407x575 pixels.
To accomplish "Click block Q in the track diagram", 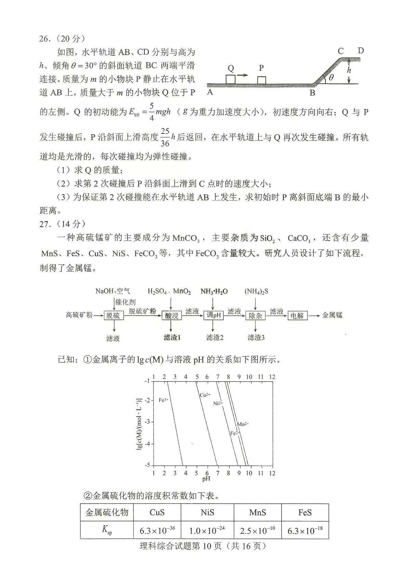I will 231,79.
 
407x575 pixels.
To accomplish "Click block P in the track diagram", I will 262,80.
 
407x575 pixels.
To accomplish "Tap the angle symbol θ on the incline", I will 331,78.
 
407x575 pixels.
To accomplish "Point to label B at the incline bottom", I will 312,93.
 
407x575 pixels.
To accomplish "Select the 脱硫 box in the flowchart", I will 113,315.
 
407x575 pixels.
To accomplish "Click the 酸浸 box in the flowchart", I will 172,315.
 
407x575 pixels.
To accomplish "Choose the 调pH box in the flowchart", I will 214,315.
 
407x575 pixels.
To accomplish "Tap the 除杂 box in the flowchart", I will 255,315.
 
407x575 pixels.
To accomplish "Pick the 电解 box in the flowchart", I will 297,315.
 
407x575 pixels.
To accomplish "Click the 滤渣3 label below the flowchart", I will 256,338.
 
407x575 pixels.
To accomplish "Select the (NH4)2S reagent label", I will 256,291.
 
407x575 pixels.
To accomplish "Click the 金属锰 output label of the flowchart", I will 332,315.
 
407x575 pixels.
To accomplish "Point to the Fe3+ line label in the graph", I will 163,400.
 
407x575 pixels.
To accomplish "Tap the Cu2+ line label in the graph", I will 205,395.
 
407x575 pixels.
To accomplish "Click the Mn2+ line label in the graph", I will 243,424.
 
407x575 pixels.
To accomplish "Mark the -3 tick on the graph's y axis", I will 147,422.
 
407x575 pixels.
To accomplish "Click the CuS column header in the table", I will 157,512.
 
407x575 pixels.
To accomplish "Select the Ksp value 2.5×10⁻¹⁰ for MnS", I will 257,530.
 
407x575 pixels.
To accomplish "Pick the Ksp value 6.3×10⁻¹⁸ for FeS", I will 305,530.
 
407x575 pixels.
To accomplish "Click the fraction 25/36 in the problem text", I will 165,137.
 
